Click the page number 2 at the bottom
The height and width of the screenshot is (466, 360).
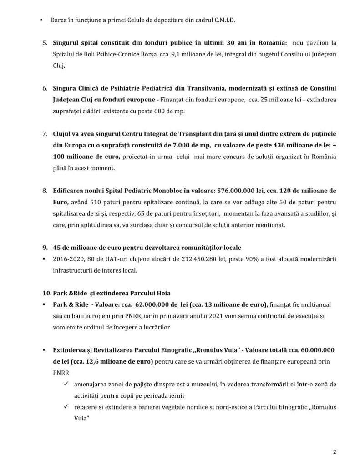coord(334,452)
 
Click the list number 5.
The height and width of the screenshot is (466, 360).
coord(44,43)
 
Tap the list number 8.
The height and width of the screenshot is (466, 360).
coord(44,189)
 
